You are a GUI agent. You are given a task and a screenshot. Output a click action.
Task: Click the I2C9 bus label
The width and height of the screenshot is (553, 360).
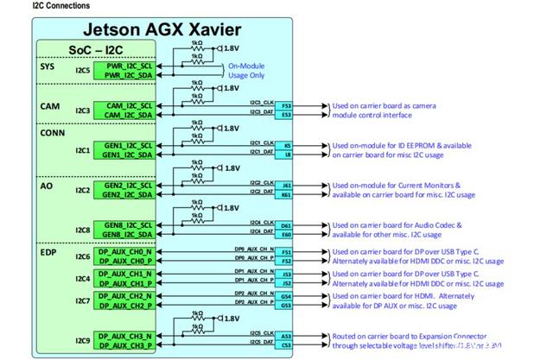click(83, 340)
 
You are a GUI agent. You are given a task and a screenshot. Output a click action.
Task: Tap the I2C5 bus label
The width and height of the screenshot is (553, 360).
click(83, 70)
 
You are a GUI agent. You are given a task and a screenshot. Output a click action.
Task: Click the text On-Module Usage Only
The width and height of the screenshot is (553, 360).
click(245, 71)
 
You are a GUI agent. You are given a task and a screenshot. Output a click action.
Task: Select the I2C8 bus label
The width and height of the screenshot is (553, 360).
click(83, 229)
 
